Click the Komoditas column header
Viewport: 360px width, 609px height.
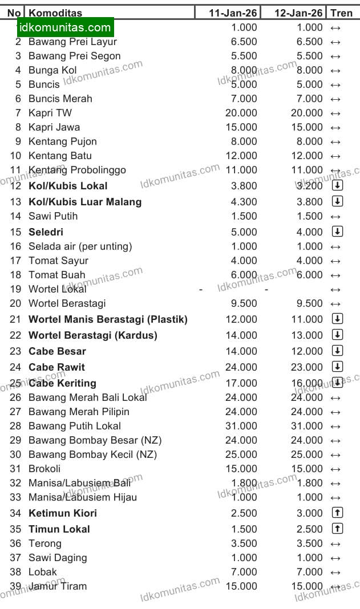[55, 13]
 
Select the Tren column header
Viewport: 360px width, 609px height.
[341, 13]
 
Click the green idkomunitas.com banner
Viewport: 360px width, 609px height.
[65, 27]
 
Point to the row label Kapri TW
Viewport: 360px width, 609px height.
[50, 113]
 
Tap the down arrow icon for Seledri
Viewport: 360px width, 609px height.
[337, 232]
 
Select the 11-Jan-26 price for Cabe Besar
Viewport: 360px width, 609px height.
[241, 351]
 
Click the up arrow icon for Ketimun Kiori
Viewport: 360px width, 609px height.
[337, 513]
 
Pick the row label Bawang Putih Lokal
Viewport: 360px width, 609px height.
[75, 426]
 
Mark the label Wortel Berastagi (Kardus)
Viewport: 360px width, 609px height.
[93, 335]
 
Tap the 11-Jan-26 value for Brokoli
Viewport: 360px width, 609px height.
[241, 469]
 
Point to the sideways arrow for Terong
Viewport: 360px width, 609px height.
[335, 543]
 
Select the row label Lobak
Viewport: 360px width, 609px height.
[43, 572]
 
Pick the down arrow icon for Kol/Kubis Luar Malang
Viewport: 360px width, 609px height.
[337, 201]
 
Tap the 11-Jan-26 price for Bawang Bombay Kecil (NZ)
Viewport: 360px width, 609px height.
[241, 454]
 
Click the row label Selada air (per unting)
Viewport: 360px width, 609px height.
[80, 246]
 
